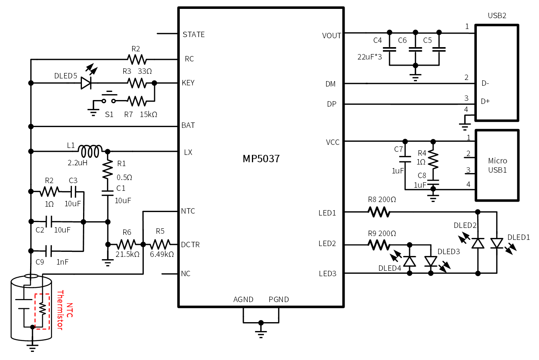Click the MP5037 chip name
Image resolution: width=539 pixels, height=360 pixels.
pyautogui.click(x=261, y=159)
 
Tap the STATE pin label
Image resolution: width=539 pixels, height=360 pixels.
pyautogui.click(x=194, y=35)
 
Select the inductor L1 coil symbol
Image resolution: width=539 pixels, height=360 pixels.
pyautogui.click(x=90, y=151)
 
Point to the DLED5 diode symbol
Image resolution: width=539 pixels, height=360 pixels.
pyautogui.click(x=86, y=83)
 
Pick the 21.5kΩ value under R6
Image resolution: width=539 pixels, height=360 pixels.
pyautogui.click(x=128, y=255)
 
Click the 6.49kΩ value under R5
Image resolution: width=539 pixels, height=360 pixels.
pyautogui.click(x=162, y=255)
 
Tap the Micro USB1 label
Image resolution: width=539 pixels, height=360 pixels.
pyautogui.click(x=497, y=165)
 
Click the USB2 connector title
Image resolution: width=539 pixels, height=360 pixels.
pyautogui.click(x=497, y=16)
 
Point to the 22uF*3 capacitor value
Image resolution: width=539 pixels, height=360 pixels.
pyautogui.click(x=369, y=57)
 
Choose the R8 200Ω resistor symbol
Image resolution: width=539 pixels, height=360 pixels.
pyautogui.click(x=379, y=212)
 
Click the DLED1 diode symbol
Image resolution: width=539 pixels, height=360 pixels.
pyautogui.click(x=496, y=243)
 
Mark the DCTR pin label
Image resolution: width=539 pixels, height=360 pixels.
pyautogui.click(x=190, y=245)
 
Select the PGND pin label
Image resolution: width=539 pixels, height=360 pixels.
pyautogui.click(x=279, y=300)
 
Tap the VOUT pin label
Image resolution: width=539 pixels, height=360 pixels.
pyautogui.click(x=332, y=36)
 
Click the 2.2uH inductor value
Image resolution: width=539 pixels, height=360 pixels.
pyautogui.click(x=78, y=163)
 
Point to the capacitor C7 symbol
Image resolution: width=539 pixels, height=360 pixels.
pyautogui.click(x=405, y=159)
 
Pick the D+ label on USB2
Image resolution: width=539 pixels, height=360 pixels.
pyautogui.click(x=485, y=102)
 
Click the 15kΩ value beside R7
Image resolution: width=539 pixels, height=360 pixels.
pyautogui.click(x=148, y=115)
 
